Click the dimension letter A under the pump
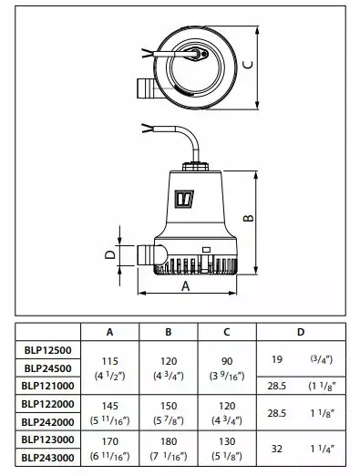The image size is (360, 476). (185, 285)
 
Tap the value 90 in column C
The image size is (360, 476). (228, 361)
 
